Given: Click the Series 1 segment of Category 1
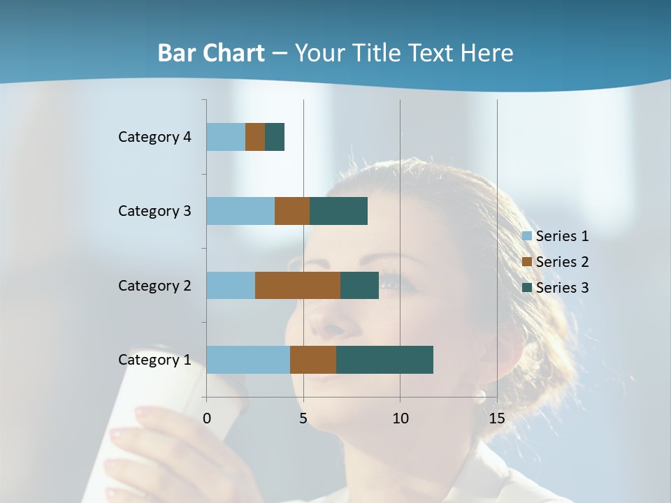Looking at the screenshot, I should point(248,359).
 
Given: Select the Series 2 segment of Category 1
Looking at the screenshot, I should point(313,359).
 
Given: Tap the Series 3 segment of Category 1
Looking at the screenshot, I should point(384,359).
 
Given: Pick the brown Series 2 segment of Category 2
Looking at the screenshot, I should point(298,285).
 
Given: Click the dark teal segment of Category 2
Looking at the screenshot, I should point(359,285).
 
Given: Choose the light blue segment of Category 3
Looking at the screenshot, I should point(240,211).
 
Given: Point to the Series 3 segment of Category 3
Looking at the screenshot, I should point(338,211).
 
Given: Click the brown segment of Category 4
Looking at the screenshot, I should point(255,137).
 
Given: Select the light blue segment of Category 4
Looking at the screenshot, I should point(226,137).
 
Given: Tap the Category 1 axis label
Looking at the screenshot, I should point(154,360).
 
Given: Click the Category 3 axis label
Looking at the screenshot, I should point(154,211).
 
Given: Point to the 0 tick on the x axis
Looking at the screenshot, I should point(207,418).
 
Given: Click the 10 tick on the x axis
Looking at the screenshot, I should point(400,418).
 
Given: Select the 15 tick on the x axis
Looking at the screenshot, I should point(497,418).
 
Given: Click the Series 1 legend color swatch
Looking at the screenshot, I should point(527,236).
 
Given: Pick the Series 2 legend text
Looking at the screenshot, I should point(562,262).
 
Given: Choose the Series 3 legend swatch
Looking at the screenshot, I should point(527,288).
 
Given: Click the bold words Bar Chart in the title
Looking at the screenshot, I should point(211,53).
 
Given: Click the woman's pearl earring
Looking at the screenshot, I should point(479,397).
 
